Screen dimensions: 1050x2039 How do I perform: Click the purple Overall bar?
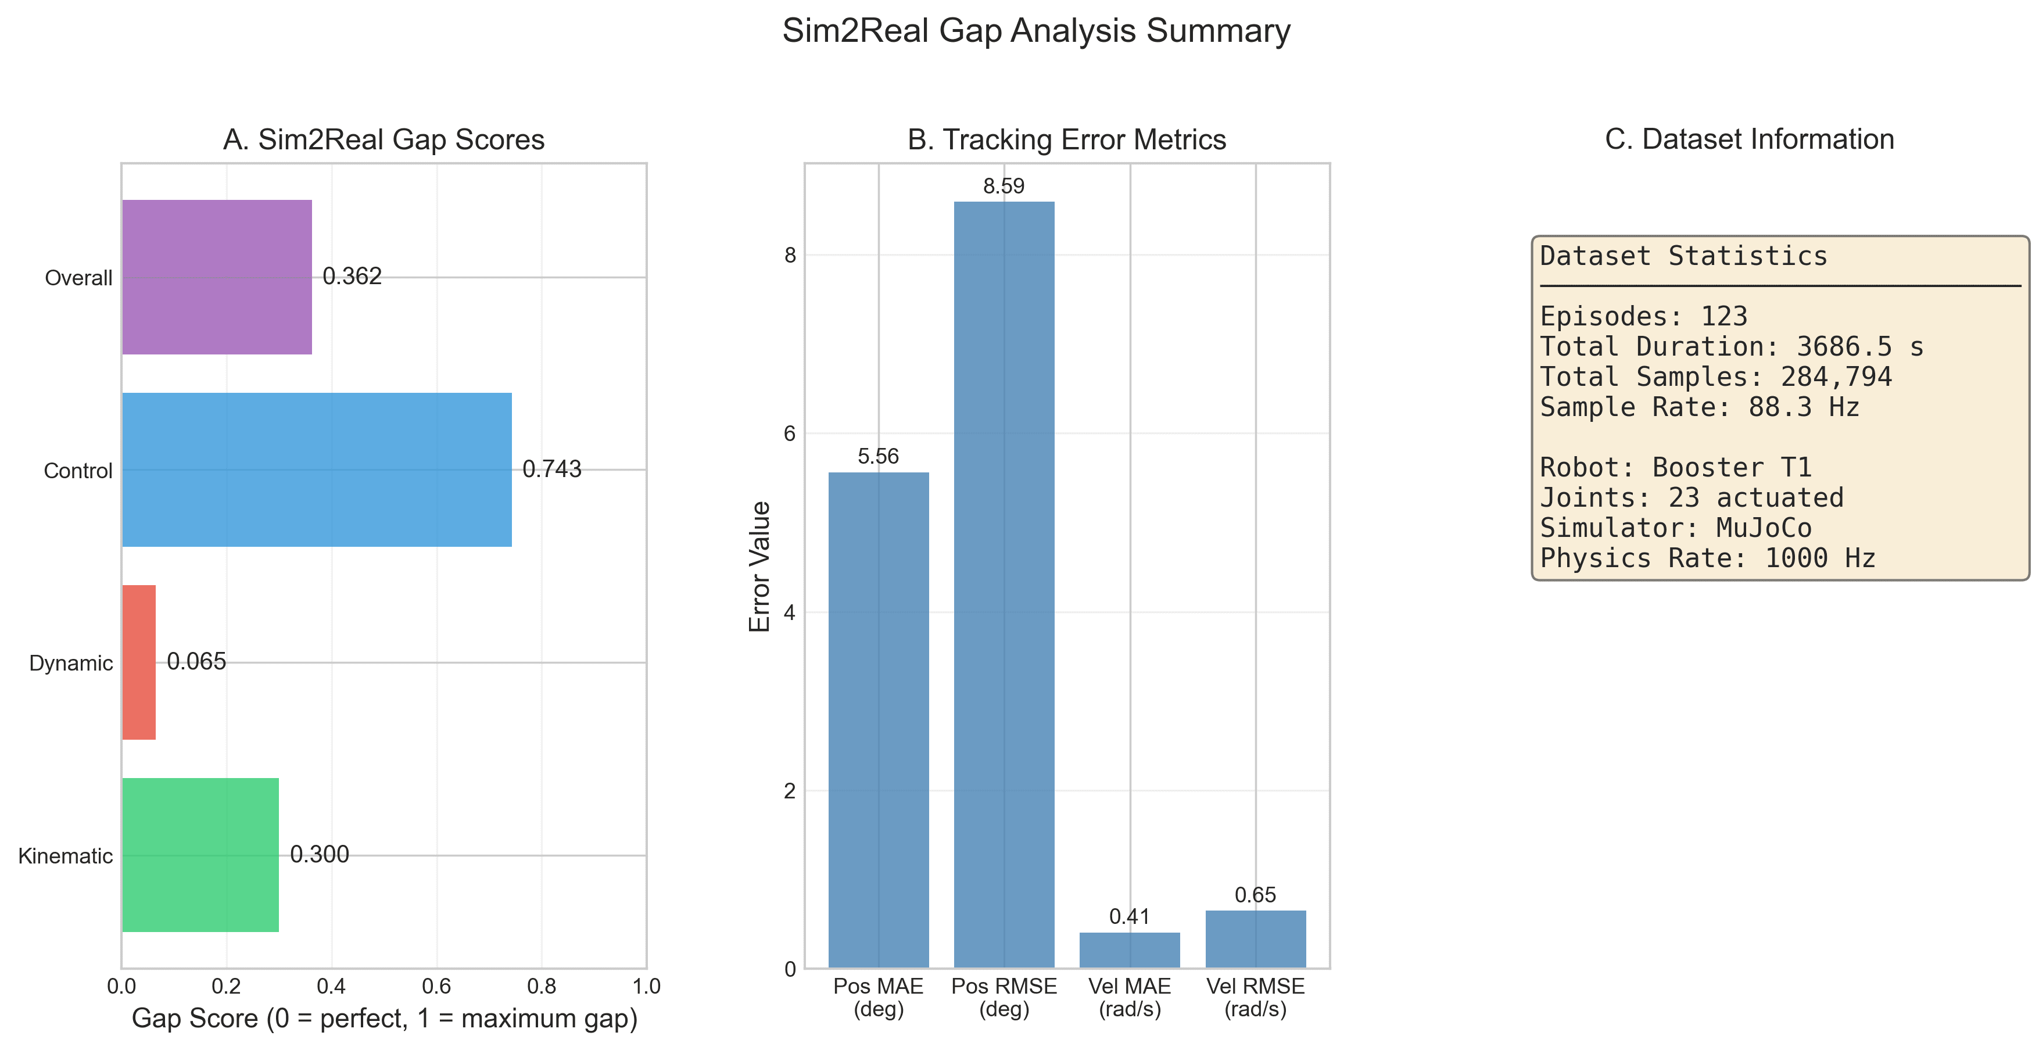click(x=217, y=277)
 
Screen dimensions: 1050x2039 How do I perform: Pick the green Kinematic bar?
click(x=200, y=855)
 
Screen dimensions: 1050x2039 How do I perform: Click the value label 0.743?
click(x=551, y=469)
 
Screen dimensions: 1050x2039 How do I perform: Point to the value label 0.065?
click(x=196, y=661)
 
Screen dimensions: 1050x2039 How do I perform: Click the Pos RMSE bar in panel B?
click(x=1004, y=586)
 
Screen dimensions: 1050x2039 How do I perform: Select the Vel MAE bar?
click(x=1130, y=949)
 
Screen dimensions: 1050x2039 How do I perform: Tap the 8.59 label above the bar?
click(x=1004, y=186)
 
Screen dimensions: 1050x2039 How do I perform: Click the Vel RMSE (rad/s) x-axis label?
click(x=1255, y=997)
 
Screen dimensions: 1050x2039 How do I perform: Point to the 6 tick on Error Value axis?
click(x=789, y=433)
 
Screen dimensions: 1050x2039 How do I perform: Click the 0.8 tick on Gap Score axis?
click(x=542, y=986)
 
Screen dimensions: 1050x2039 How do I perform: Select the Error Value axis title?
click(x=760, y=567)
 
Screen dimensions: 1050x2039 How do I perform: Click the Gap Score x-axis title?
click(x=384, y=1019)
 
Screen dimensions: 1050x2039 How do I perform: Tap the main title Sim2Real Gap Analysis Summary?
click(x=1036, y=31)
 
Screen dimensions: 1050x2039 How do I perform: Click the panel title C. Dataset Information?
click(x=1749, y=139)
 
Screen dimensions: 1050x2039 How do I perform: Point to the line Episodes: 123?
click(x=1643, y=317)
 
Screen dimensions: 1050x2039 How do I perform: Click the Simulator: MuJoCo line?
click(x=1676, y=528)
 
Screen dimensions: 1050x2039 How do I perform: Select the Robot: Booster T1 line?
click(x=1676, y=468)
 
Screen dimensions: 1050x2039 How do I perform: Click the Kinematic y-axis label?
click(x=66, y=856)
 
